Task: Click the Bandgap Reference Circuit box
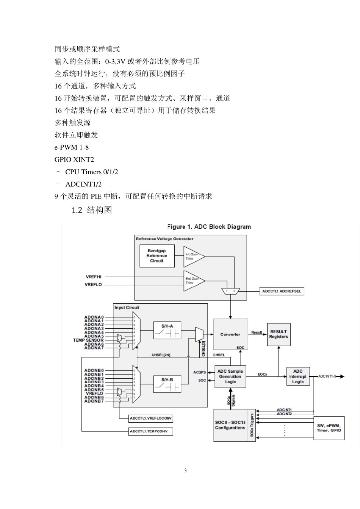click(157, 256)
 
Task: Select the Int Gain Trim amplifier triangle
click(193, 256)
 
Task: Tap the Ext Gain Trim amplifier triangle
click(193, 281)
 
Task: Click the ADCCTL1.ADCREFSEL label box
click(282, 291)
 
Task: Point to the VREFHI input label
click(93, 277)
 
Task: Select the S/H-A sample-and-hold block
click(167, 331)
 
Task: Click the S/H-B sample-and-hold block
click(167, 384)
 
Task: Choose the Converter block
click(230, 334)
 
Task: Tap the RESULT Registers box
click(279, 334)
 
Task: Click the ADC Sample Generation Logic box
click(230, 376)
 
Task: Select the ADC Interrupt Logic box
click(298, 376)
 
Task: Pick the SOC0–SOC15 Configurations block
click(230, 425)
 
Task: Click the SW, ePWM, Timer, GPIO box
click(329, 428)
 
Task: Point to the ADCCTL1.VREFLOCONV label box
click(151, 418)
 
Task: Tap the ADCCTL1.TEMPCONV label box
click(151, 431)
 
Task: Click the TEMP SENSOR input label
click(88, 340)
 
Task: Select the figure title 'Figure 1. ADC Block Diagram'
click(209, 227)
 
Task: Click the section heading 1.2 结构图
click(92, 210)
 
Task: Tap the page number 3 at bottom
click(185, 471)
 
